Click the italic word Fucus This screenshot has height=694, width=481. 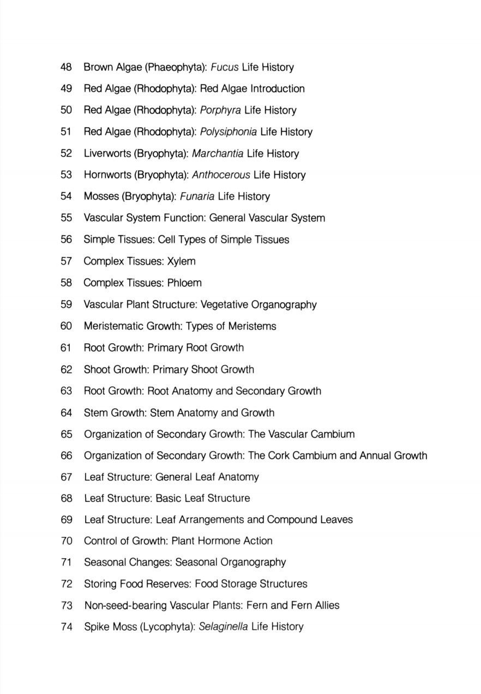[224, 67]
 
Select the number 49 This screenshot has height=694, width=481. [67, 88]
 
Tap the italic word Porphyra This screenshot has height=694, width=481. [220, 110]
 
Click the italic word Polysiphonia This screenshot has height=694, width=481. [229, 132]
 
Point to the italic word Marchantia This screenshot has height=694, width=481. [218, 153]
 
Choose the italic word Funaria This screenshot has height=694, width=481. [197, 196]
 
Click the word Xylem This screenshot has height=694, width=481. [181, 261]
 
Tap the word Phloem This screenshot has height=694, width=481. [184, 283]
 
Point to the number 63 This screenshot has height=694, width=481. [67, 391]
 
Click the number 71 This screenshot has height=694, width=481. [67, 562]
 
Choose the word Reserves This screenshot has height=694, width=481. [169, 584]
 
